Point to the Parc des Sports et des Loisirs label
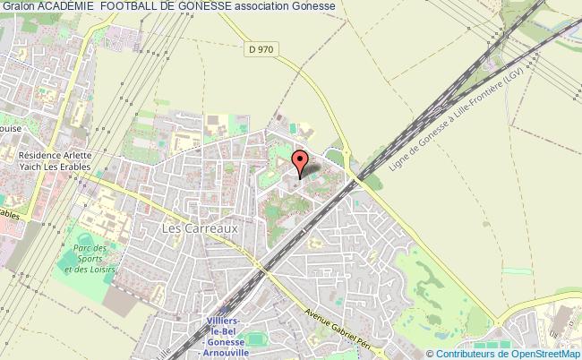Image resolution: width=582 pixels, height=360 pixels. click(92, 258)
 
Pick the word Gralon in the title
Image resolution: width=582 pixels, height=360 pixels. click(18, 6)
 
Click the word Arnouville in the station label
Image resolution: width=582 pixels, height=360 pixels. click(224, 354)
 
